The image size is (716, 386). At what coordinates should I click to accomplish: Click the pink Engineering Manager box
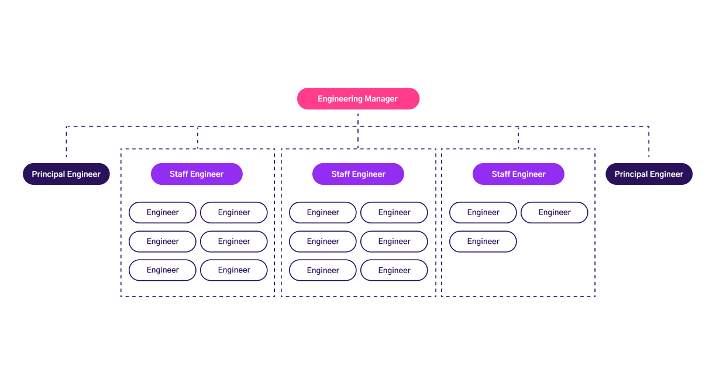(358, 99)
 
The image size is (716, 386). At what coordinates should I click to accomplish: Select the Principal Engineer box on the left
(66, 174)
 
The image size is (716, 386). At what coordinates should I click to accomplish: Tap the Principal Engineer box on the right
(649, 174)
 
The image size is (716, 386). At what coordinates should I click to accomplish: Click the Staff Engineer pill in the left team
(197, 174)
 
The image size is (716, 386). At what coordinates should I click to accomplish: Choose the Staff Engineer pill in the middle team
(358, 174)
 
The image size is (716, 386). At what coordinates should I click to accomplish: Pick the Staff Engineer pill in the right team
(518, 174)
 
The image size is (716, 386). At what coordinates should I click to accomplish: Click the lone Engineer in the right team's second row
(483, 242)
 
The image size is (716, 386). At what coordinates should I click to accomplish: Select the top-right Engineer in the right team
(554, 213)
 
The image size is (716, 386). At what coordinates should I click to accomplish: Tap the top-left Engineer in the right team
(483, 213)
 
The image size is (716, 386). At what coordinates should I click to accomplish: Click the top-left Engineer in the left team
(163, 213)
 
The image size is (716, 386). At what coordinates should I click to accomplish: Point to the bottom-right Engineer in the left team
(234, 270)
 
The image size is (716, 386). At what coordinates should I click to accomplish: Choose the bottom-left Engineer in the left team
(163, 270)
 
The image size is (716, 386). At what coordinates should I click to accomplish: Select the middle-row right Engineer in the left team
(234, 242)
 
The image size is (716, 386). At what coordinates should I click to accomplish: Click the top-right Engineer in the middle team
(394, 213)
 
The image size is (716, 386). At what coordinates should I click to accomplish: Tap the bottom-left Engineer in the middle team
(323, 271)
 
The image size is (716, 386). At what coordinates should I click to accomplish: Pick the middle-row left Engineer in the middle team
(323, 242)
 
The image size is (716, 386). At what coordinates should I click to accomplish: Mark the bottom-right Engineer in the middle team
(394, 271)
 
